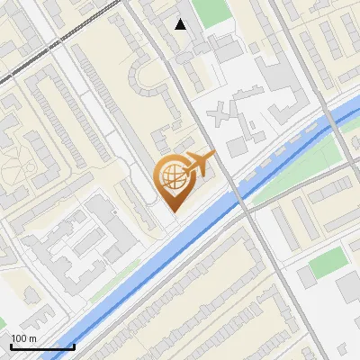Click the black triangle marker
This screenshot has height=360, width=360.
181,24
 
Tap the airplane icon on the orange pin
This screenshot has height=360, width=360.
199,164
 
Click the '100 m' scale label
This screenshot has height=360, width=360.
23,338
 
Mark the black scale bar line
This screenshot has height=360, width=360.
41,346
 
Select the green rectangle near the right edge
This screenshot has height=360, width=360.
328,263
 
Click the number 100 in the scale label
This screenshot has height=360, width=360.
19,338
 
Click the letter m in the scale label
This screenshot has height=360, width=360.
32,338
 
